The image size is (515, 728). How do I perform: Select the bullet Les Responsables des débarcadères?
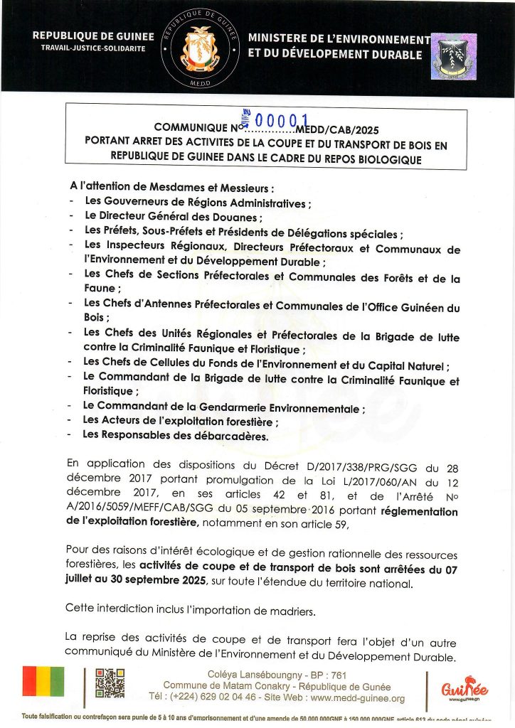pyautogui.click(x=176, y=435)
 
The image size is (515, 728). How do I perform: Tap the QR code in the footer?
pyautogui.click(x=110, y=683)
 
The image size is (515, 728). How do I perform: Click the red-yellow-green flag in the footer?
pyautogui.click(x=43, y=681)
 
